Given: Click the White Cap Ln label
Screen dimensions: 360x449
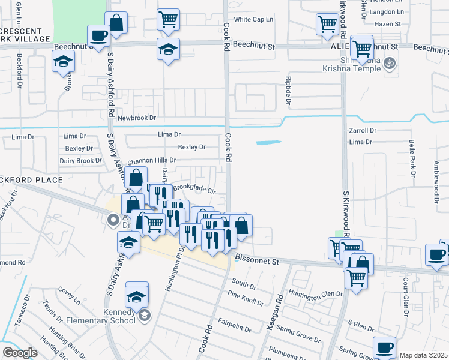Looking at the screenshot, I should tap(253, 20).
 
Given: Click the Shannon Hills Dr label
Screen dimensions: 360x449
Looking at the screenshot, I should tap(151, 161).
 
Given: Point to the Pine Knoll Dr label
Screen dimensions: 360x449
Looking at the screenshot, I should tap(245, 298).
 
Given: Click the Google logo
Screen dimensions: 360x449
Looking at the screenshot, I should tap(20, 353).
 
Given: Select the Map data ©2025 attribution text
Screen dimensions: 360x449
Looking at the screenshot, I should tap(423, 355).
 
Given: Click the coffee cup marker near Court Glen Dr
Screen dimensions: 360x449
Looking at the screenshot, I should tap(436, 254).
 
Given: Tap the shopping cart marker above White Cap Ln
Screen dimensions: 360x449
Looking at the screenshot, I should tap(169, 19).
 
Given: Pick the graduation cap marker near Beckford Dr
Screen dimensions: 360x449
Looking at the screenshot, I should tap(62, 62).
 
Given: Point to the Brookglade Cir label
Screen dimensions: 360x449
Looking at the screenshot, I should tap(194, 188).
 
